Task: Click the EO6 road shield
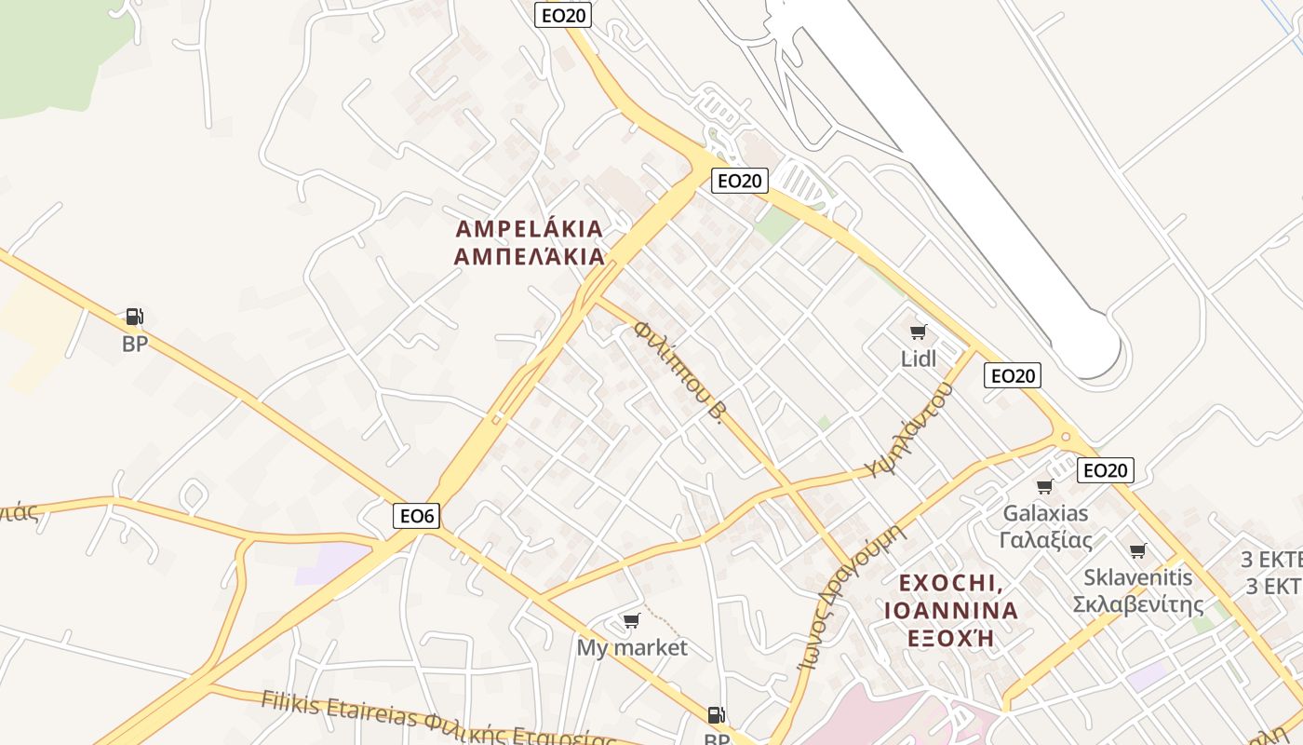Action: pos(416,515)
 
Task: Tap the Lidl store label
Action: pos(919,359)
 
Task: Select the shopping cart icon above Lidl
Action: pos(919,332)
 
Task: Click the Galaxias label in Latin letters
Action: pos(1045,513)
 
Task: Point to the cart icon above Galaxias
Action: pos(1044,486)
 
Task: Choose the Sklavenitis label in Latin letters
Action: pos(1137,577)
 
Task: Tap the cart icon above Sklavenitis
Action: pos(1137,550)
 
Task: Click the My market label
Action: pos(632,647)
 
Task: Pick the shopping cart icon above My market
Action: pos(632,620)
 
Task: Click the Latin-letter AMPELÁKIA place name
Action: pos(529,229)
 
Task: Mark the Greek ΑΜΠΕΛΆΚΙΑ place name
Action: pos(529,256)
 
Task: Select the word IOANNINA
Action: pos(951,611)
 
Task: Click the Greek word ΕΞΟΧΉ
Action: pos(951,638)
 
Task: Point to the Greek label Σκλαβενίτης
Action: pos(1137,604)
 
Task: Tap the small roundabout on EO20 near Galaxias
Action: pos(1065,436)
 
